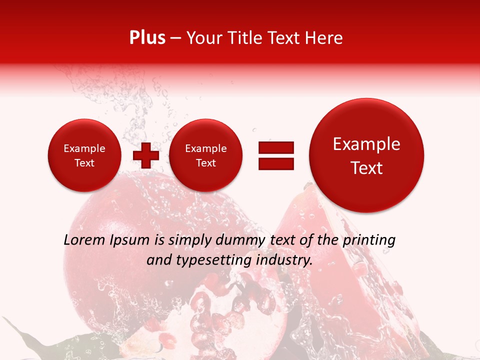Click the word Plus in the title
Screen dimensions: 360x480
click(147, 38)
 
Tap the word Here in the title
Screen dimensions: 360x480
click(323, 38)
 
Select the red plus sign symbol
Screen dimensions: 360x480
click(145, 155)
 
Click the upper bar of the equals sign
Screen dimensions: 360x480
click(275, 147)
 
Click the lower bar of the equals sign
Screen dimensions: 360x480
click(275, 163)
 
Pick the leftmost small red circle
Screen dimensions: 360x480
click(84, 155)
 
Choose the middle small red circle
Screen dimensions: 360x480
click(205, 155)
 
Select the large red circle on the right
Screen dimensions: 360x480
click(366, 155)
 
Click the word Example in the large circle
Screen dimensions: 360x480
click(366, 144)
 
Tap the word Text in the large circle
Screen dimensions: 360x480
click(366, 168)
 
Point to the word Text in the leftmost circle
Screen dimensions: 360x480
click(84, 163)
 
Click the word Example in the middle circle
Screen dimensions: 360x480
click(205, 148)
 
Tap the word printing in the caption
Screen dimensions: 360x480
click(368, 240)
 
